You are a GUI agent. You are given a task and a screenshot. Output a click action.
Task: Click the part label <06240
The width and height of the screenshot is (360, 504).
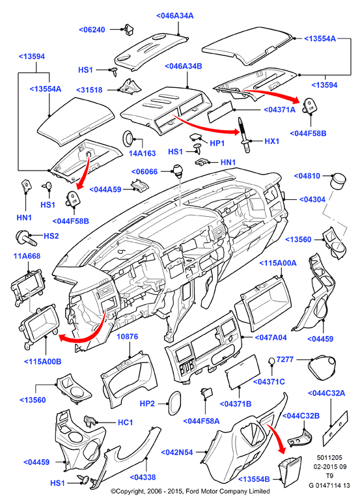pyautogui.click(x=92, y=30)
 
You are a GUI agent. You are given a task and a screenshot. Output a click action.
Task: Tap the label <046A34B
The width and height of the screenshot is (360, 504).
pyautogui.click(x=183, y=66)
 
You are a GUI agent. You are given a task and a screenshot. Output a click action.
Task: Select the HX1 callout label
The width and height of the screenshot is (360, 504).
pyautogui.click(x=272, y=141)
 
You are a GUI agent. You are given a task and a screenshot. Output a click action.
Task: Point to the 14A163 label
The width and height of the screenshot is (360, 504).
pyautogui.click(x=142, y=153)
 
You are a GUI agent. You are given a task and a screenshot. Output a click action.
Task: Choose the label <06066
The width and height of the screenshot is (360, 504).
pyautogui.click(x=145, y=172)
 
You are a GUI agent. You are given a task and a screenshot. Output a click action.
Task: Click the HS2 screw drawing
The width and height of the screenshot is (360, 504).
pyautogui.click(x=26, y=237)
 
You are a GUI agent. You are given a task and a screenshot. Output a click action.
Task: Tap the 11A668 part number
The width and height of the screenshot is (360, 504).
pyautogui.click(x=27, y=256)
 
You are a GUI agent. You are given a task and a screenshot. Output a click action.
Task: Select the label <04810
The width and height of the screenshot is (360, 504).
pyautogui.click(x=307, y=176)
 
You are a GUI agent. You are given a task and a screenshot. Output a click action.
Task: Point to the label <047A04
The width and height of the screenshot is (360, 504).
pyautogui.click(x=271, y=337)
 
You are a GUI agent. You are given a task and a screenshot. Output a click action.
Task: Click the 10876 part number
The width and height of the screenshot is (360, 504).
pyautogui.click(x=128, y=337)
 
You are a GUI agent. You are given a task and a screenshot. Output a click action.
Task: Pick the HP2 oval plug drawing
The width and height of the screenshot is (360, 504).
pyautogui.click(x=174, y=404)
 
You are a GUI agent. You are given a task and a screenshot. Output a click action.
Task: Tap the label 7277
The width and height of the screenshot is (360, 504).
pyautogui.click(x=285, y=359)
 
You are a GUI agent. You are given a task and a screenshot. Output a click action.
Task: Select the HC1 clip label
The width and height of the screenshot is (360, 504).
pyautogui.click(x=126, y=422)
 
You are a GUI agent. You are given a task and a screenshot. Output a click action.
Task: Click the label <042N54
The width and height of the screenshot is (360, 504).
pyautogui.click(x=177, y=453)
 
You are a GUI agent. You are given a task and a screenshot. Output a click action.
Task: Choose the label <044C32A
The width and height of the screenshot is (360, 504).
pyautogui.click(x=327, y=393)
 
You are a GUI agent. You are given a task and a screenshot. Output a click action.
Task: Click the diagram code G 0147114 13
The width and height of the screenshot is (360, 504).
pyautogui.click(x=329, y=485)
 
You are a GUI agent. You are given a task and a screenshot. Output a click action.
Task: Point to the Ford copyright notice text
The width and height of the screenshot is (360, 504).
pyautogui.click(x=190, y=491)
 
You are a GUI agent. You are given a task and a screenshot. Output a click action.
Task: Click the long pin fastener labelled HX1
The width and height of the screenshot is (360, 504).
pyautogui.click(x=243, y=135)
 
